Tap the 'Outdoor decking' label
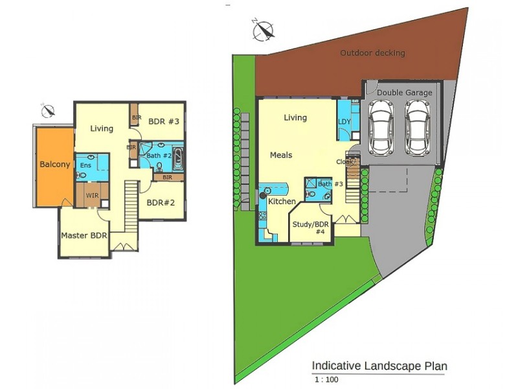coord(373,53)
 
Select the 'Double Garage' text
coord(404,93)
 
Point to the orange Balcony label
coord(54,165)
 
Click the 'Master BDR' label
coord(84,235)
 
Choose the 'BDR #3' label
coord(163,121)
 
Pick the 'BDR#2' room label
coord(161,202)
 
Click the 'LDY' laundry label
coord(344,121)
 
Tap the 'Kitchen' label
coord(282,202)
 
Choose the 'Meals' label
coord(281,155)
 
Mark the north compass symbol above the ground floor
coord(263,30)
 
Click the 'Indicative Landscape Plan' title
coord(379,366)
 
